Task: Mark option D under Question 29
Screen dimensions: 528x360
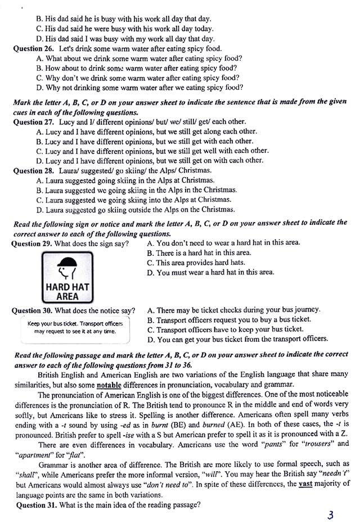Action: point(210,273)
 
